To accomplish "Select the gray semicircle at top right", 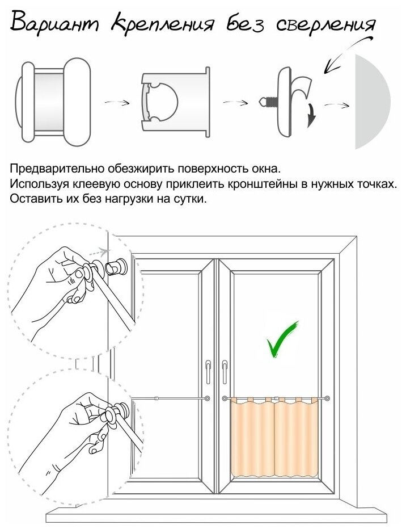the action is click(372, 102).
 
